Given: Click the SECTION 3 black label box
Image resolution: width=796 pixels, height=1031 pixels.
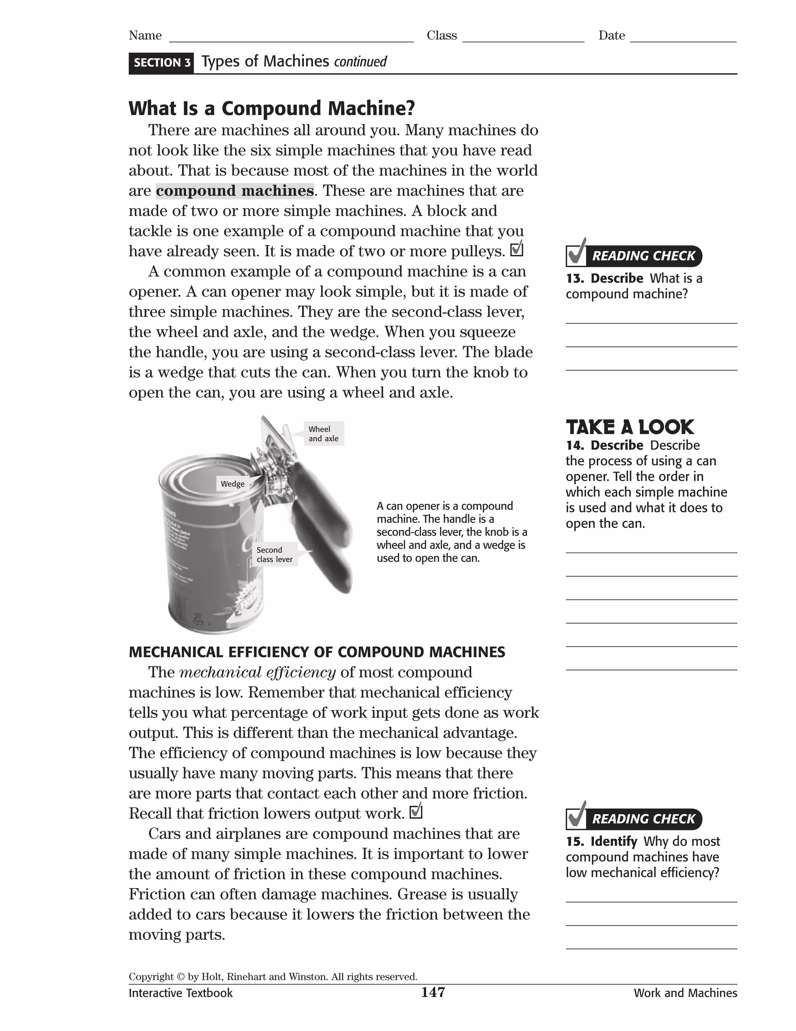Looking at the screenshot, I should pos(161,63).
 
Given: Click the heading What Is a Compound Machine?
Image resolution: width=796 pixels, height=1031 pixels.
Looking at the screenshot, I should pos(272,108).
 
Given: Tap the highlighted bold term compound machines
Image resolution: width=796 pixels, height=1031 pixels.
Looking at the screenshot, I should pos(234,191).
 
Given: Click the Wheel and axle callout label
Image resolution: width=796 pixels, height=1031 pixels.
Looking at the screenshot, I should pos(323,434).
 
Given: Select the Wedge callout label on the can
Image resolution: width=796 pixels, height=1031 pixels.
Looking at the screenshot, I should pos(232,484).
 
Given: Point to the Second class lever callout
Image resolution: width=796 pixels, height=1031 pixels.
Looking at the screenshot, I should pos(274,555).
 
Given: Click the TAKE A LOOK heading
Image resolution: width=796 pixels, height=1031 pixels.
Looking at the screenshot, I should pos(630,427).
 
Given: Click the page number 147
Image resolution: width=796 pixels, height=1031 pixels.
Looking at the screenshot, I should pos(433,992).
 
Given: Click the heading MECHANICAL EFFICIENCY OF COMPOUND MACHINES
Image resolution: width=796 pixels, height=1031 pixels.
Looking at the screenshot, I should pos(316,652).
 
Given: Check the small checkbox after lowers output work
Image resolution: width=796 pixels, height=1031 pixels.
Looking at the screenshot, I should pos(416,812).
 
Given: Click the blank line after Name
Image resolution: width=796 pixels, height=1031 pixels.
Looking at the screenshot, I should pos(291,37).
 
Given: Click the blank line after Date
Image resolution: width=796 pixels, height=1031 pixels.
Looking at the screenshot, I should pos(683,37).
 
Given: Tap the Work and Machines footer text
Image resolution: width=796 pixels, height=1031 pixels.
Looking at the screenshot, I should pos(685,993).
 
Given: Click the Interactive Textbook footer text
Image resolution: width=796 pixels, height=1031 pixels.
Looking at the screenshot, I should pos(181,993).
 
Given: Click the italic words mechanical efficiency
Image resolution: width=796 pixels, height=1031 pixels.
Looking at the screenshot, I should pos(257,672).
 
